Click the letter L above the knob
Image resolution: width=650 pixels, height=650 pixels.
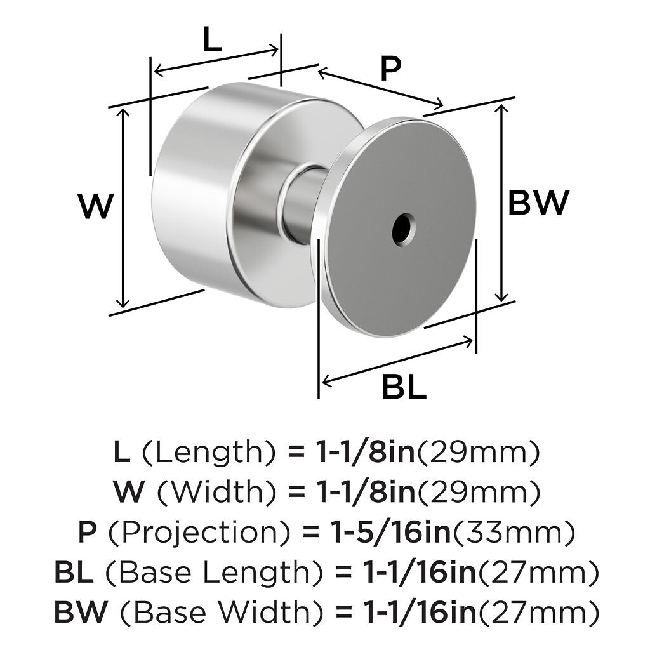[x=212, y=39]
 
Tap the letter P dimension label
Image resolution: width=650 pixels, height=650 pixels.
[x=390, y=69]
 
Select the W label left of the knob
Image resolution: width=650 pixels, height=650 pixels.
[x=96, y=206]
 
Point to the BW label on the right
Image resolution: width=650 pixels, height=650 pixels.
[x=538, y=202]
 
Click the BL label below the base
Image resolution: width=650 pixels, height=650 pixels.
[x=404, y=387]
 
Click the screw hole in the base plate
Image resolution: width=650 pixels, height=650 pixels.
[x=404, y=229]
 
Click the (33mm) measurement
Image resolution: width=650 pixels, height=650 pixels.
[x=514, y=532]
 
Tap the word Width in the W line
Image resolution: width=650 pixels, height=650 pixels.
[x=217, y=492]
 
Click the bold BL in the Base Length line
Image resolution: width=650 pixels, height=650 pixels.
[x=74, y=572]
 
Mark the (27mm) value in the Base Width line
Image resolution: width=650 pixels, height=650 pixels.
[x=539, y=613]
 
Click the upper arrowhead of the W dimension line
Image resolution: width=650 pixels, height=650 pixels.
[x=124, y=113]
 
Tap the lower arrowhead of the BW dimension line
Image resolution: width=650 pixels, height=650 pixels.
[x=501, y=296]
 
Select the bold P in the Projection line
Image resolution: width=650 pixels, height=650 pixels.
[x=88, y=533]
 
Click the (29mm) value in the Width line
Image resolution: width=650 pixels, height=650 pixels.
[x=479, y=492]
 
